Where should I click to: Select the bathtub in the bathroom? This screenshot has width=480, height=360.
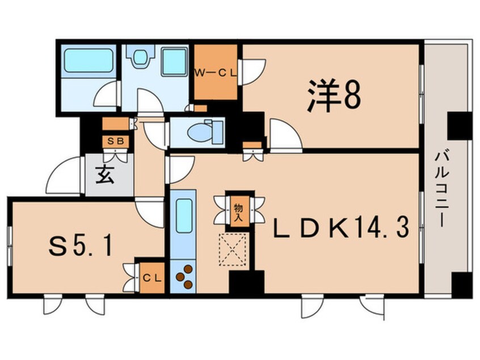click(x=87, y=60)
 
